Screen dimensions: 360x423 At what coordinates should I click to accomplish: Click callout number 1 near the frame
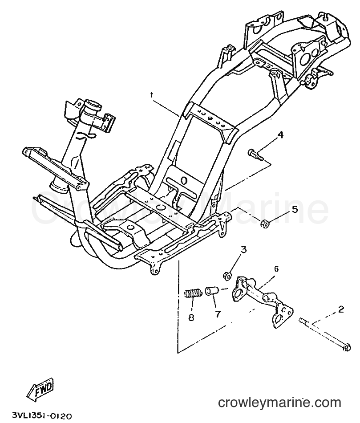pyautogui.click(x=152, y=95)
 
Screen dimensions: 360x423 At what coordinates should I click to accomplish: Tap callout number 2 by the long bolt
pyautogui.click(x=341, y=309)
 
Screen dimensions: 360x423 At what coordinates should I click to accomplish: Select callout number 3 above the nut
pyautogui.click(x=243, y=249)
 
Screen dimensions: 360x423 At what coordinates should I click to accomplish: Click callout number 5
pyautogui.click(x=295, y=209)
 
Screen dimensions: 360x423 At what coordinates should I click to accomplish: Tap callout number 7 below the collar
pyautogui.click(x=217, y=313)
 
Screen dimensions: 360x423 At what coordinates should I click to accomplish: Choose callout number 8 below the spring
pyautogui.click(x=191, y=317)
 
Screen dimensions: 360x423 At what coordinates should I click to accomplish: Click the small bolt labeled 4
pyautogui.click(x=255, y=155)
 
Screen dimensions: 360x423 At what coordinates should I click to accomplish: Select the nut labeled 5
pyautogui.click(x=264, y=224)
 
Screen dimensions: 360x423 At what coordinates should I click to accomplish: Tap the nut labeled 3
pyautogui.click(x=227, y=275)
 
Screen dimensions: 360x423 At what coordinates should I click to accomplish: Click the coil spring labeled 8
pyautogui.click(x=193, y=293)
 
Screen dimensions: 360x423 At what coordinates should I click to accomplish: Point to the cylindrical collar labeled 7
pyautogui.click(x=212, y=291)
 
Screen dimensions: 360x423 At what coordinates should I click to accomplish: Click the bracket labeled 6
pyautogui.click(x=262, y=300)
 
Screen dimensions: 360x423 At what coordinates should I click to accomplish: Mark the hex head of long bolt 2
pyautogui.click(x=347, y=348)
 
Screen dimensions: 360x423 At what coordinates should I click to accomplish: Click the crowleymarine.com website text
pyautogui.click(x=279, y=403)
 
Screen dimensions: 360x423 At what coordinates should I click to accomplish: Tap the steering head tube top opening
pyautogui.click(x=92, y=103)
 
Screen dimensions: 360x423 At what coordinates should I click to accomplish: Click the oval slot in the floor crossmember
pyautogui.click(x=185, y=180)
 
